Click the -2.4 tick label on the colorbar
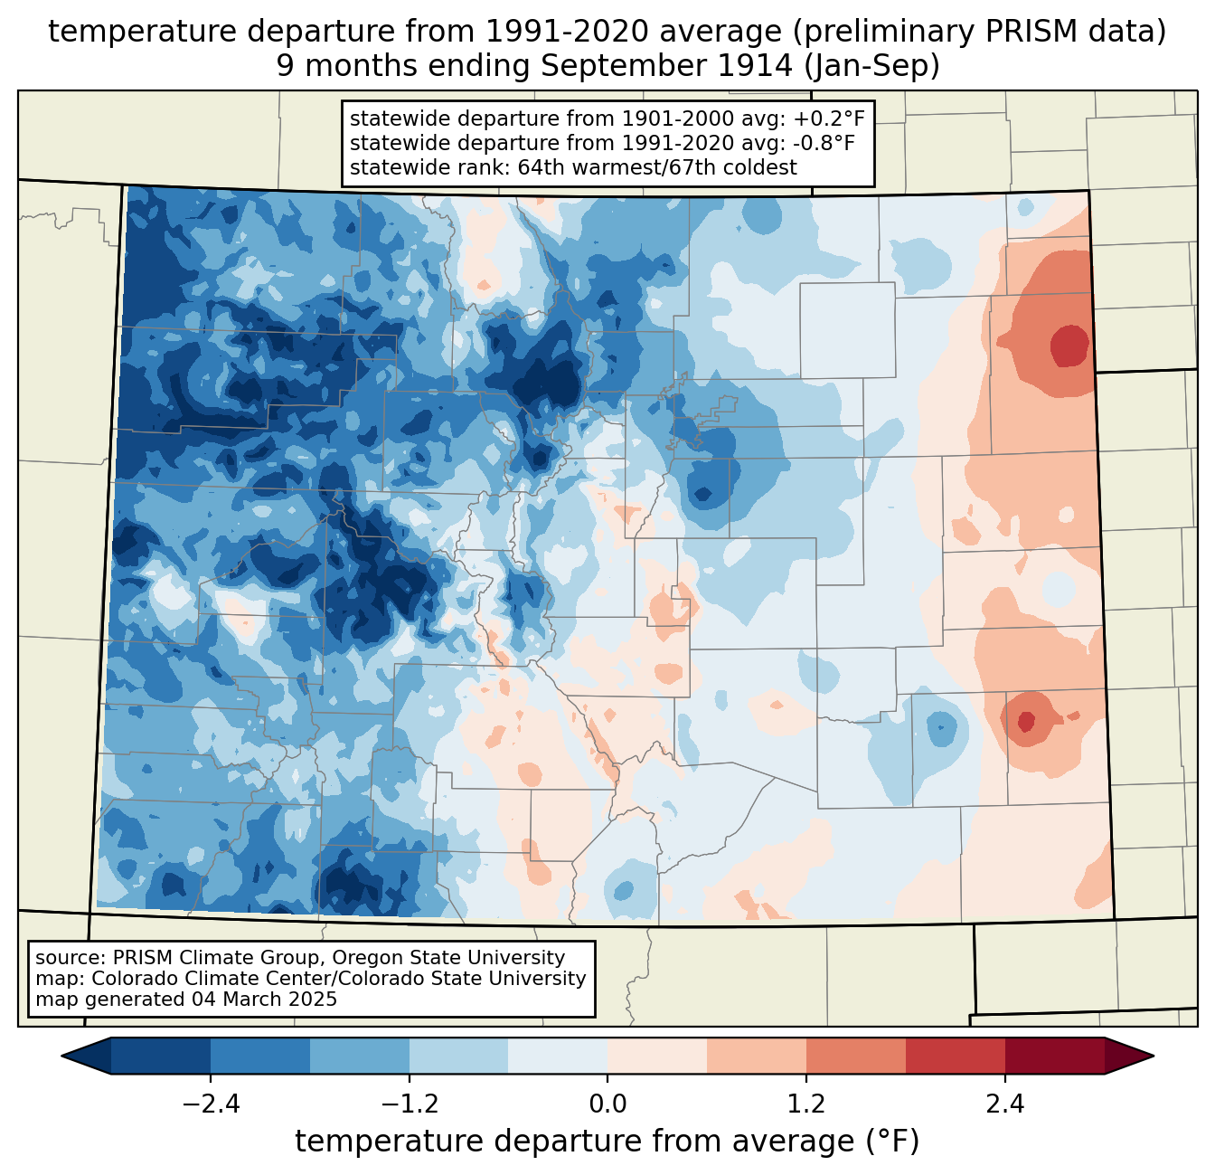[210, 1104]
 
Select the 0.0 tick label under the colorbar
[607, 1104]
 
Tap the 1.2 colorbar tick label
[806, 1104]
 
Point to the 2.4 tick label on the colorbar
[1005, 1104]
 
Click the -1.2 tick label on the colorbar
[409, 1104]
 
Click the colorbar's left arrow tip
[64, 1056]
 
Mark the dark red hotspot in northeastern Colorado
[1069, 346]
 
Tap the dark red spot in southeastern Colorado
[1026, 720]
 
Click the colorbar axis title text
[607, 1142]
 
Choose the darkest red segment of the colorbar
[1054, 1056]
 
